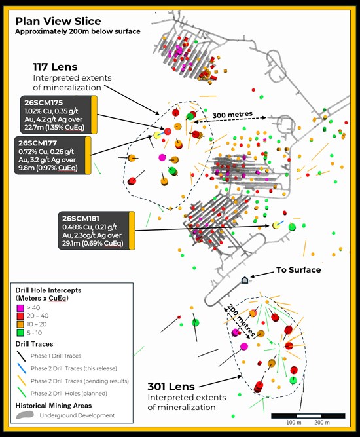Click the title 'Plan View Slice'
[x=58, y=21]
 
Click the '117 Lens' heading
[x=55, y=67]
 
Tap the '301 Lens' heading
[x=171, y=387]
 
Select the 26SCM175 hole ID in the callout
[x=43, y=103]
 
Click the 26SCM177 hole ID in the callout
[x=37, y=143]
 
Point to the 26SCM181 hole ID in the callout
[x=81, y=219]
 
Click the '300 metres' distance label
[x=232, y=114]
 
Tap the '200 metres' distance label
[x=241, y=320]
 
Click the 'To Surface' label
[x=298, y=270]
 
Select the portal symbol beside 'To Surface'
[x=244, y=280]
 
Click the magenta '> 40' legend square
[x=20, y=308]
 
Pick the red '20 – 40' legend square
[x=20, y=316]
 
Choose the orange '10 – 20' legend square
[x=20, y=324]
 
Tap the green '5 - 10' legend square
[x=20, y=333]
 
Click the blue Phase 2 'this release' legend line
[x=22, y=368]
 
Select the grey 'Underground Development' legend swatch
[x=25, y=415]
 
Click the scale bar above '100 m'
[x=308, y=416]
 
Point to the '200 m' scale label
[x=322, y=423]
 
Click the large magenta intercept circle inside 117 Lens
[x=162, y=157]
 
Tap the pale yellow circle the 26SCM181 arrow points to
[x=276, y=225]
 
